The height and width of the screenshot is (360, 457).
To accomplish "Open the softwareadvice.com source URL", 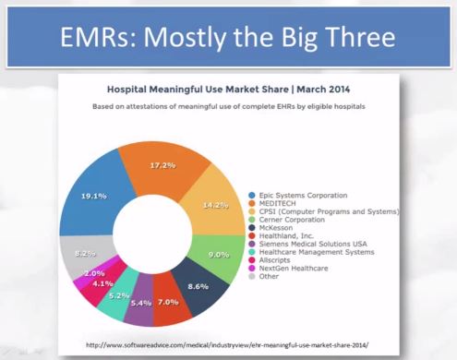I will [x=227, y=345].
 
